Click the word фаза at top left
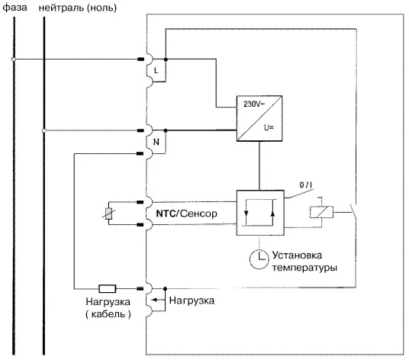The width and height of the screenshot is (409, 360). [x=14, y=8]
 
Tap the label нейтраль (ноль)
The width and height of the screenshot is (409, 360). [x=78, y=8]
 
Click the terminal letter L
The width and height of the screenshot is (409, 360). [x=156, y=70]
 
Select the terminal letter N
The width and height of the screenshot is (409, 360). [x=156, y=142]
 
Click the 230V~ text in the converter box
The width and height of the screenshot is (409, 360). [x=254, y=104]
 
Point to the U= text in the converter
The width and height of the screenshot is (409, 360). [x=269, y=127]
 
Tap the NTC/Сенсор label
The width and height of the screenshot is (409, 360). [x=186, y=214]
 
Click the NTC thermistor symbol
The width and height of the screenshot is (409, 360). [x=108, y=214]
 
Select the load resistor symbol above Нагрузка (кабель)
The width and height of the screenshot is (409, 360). [x=107, y=288]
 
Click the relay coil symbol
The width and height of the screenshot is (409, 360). [x=321, y=212]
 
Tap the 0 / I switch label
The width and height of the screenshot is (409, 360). [x=306, y=185]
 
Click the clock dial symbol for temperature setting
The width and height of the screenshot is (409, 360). [x=259, y=259]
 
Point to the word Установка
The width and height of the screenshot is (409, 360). [x=297, y=256]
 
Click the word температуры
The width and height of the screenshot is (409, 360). [x=304, y=268]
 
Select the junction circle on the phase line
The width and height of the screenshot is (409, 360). [x=14, y=59]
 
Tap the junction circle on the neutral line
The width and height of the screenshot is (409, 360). [x=43, y=130]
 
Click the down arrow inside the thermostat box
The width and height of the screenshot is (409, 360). [x=246, y=214]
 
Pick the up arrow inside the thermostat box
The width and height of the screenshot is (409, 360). [x=273, y=214]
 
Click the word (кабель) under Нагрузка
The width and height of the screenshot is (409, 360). [x=108, y=314]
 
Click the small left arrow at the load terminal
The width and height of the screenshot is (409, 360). [x=156, y=300]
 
